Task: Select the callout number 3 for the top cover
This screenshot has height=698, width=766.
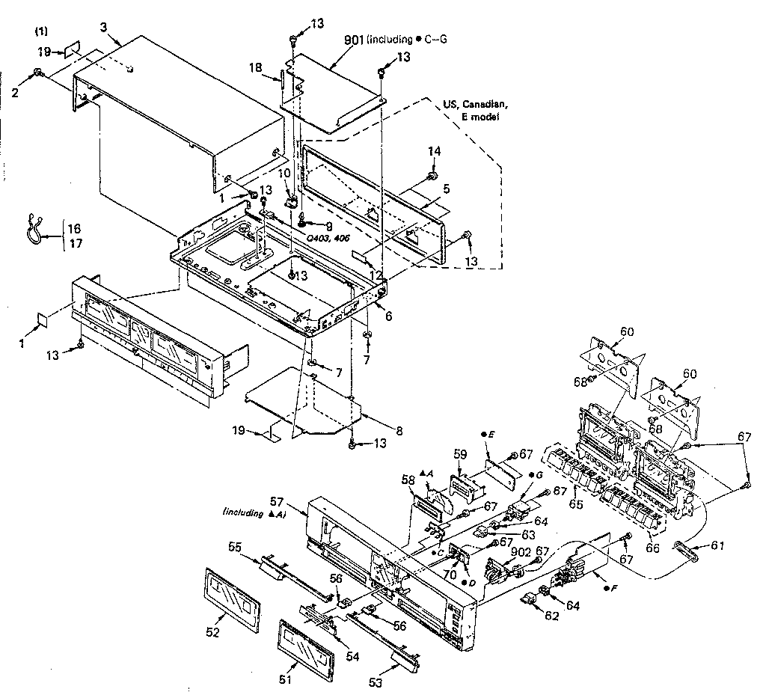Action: point(104,28)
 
